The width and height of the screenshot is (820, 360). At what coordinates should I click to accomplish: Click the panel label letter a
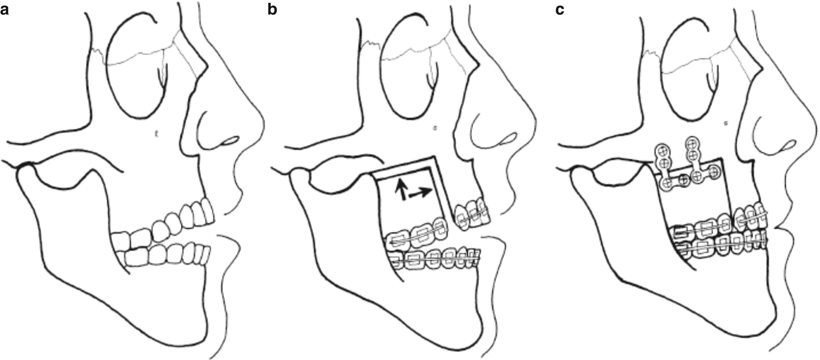[x=4, y=10]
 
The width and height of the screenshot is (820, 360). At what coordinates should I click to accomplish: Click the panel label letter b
[x=272, y=10]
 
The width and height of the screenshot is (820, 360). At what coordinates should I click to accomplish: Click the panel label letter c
[x=560, y=10]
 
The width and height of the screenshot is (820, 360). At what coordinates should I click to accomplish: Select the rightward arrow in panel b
[x=421, y=193]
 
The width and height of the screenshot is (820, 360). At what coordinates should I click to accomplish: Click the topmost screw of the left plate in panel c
[x=663, y=151]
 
